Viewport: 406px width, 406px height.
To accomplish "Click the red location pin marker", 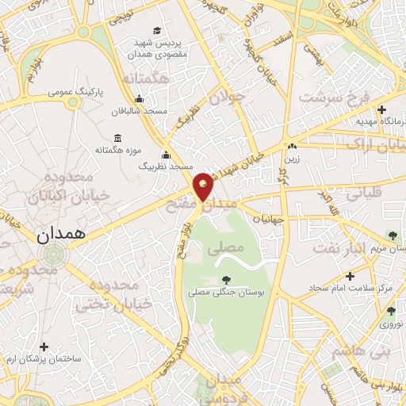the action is pos(204,186).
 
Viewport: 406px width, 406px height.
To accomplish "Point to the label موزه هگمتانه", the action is pos(118,150).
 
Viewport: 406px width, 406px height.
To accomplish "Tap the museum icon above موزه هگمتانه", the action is pos(118,137).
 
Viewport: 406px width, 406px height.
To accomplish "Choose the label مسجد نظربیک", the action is pos(167,167).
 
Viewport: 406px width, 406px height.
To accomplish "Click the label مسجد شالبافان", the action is pos(140,112).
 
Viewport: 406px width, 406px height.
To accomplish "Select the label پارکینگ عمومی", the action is pos(72,91).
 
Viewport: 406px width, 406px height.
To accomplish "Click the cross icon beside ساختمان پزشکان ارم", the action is pos(44,347).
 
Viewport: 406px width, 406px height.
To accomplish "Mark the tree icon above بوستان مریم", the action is pos(393,234).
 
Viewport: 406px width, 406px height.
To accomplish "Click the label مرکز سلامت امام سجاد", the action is pos(363,286).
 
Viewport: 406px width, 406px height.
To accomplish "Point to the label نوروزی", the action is pos(391,324).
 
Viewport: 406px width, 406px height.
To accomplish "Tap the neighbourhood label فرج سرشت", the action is pos(326,98).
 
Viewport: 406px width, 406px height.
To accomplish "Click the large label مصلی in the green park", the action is pos(224,247).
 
